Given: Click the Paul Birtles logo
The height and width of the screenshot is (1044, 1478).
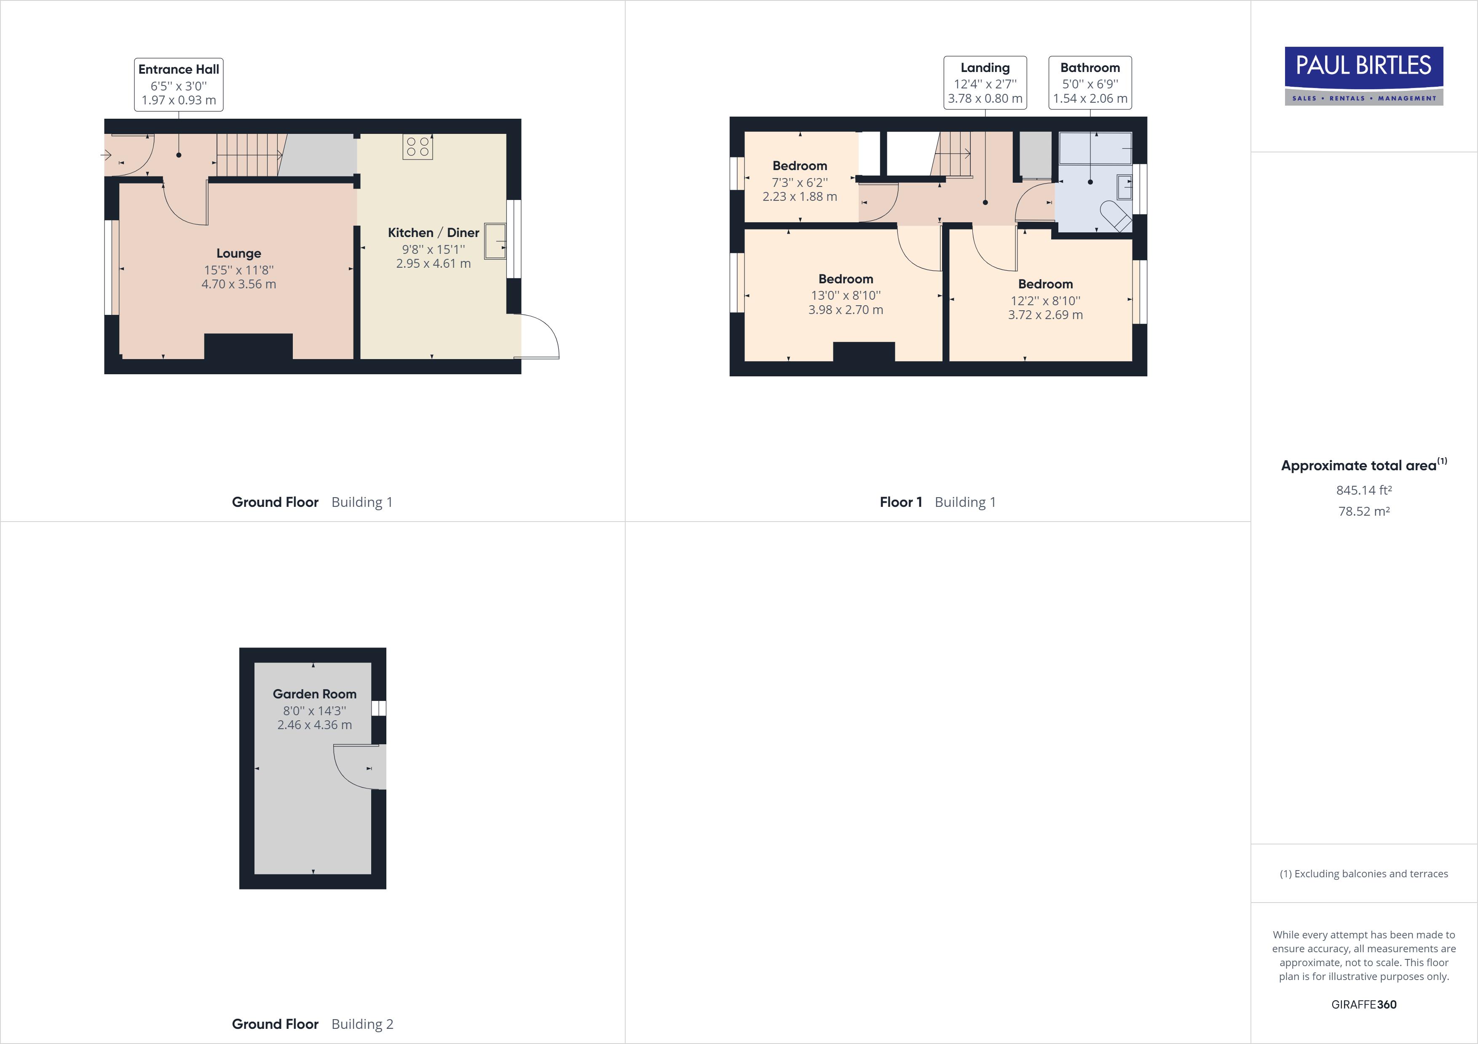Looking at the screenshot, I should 1363,75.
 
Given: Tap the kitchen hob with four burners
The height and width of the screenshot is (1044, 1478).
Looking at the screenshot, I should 417,146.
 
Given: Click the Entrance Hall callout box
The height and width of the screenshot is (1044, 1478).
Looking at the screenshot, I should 178,84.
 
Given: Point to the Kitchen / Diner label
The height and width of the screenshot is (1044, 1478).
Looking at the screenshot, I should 433,233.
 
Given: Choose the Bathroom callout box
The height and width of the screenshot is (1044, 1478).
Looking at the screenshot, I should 1090,83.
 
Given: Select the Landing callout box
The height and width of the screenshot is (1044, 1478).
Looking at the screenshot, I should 985,83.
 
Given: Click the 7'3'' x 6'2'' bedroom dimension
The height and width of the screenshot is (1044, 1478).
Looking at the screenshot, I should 800,182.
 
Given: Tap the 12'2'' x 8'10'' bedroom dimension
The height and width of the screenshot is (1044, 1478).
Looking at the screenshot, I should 1045,301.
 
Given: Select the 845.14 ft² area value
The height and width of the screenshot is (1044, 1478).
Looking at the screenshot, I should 1363,490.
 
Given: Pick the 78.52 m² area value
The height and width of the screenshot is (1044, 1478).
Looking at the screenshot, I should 1363,511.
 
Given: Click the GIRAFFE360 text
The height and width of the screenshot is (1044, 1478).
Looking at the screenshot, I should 1363,1004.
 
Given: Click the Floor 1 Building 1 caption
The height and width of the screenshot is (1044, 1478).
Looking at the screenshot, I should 937,502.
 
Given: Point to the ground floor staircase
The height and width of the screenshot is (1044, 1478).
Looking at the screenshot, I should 248,155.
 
